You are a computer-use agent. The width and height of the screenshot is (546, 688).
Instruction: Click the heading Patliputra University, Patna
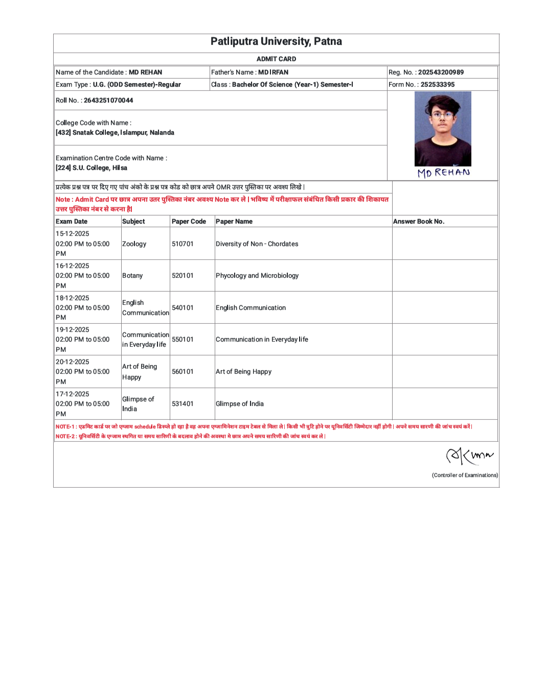point(276,41)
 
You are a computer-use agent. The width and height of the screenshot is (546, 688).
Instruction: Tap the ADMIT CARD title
point(276,59)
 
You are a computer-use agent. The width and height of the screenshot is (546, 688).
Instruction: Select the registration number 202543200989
point(441,73)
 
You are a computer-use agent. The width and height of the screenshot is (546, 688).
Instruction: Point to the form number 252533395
point(437,85)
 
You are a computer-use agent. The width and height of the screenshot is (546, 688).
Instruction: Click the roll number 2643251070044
point(108,101)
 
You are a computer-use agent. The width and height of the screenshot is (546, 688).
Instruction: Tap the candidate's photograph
point(443,129)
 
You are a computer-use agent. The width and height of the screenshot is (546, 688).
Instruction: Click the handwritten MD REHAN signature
point(443,173)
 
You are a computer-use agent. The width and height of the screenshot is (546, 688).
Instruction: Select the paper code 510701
point(183,244)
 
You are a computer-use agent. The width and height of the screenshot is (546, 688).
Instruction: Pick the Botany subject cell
point(132,276)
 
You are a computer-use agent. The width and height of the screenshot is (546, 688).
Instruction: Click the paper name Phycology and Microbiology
point(257,276)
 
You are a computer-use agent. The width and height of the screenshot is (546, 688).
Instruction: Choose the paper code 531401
point(183,404)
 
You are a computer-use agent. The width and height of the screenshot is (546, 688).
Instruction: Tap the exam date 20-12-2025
point(73,362)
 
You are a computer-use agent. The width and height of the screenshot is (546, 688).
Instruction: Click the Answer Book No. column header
point(419,222)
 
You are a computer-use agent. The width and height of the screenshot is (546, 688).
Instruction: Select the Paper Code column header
point(189,222)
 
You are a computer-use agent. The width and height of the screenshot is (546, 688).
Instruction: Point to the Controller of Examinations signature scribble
point(469,455)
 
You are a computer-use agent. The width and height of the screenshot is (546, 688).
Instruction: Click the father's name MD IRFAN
point(273,73)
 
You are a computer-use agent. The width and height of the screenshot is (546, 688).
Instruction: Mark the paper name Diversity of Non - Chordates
point(257,244)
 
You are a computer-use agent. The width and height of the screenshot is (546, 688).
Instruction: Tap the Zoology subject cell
point(134,244)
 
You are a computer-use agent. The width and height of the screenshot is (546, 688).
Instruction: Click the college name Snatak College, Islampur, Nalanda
point(123,133)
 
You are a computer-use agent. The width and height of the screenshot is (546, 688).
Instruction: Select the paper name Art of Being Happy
point(243,372)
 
